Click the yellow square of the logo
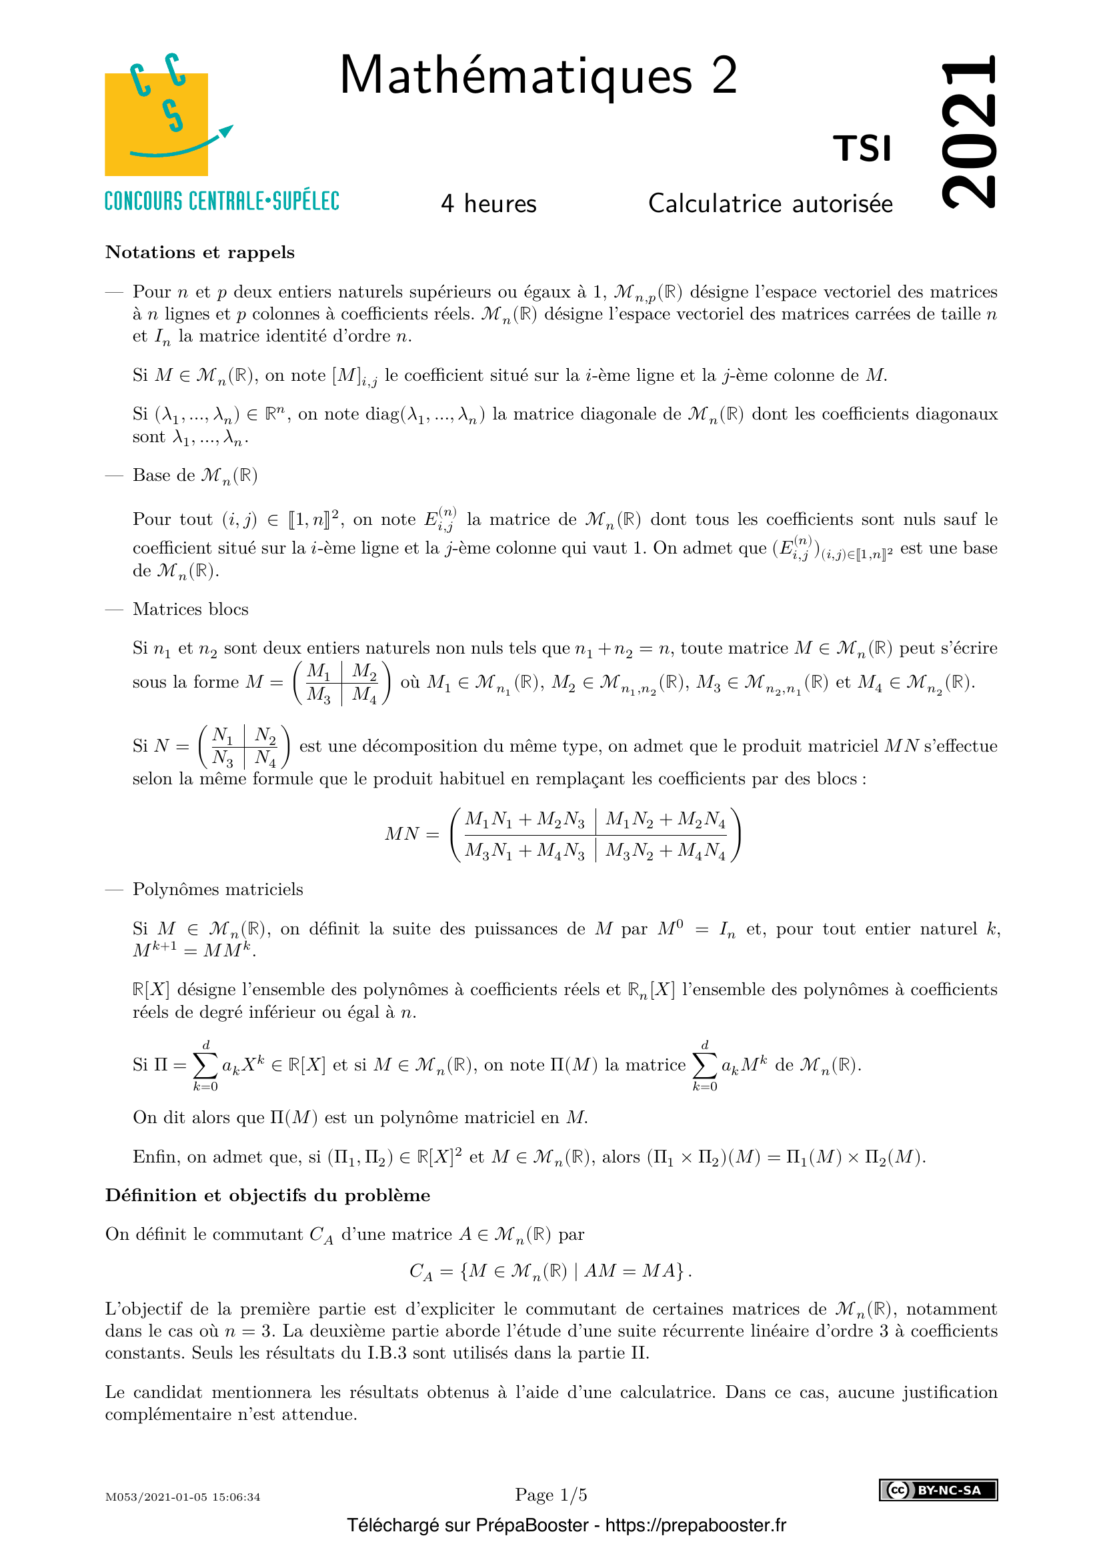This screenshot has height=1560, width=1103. pos(155,125)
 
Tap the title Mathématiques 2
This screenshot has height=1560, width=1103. pos(538,75)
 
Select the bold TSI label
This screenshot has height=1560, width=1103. pos(862,149)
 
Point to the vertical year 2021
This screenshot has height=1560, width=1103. pos(969,131)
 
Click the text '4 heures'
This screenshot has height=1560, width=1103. pos(488,204)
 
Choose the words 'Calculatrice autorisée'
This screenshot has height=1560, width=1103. pos(770,204)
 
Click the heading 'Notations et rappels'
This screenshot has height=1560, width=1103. pos(199,252)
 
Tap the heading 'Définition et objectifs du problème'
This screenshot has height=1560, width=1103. pos(267,1195)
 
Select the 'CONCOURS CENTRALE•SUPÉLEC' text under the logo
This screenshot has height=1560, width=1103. pos(221,202)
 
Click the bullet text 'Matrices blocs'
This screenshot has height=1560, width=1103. pos(190,609)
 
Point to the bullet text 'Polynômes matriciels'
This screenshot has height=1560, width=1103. pos(217,890)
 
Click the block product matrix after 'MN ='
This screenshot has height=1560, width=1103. pos(595,835)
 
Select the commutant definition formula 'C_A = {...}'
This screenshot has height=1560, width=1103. pos(550,1271)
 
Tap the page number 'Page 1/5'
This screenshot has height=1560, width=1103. pos(551,1495)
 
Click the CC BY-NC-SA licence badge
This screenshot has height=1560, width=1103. pos(938,1490)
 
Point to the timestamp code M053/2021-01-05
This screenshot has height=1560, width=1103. pos(183,1497)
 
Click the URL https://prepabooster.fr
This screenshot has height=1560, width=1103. pos(696,1525)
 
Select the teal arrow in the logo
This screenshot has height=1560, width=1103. pos(183,145)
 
